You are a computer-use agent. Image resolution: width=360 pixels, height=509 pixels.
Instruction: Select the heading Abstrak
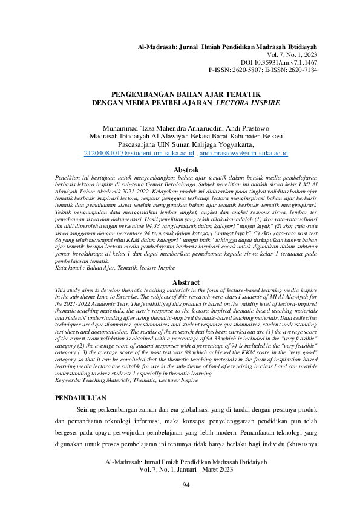[180, 170]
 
